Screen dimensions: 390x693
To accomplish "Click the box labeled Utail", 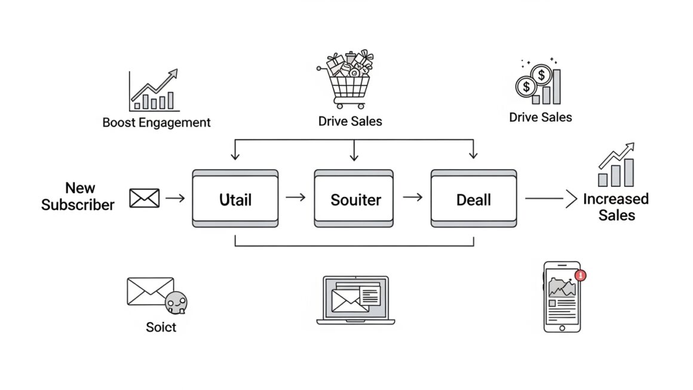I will [235, 199].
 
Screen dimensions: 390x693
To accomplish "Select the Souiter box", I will [354, 199].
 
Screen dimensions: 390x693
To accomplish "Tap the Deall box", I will [473, 199].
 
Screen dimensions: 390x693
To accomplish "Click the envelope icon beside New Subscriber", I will [145, 198].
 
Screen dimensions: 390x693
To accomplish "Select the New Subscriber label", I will [78, 196].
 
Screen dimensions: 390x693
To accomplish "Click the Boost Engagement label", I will [157, 123].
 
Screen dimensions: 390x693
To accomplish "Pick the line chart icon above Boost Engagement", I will [154, 91].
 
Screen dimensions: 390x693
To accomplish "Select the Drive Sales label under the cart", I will [350, 121].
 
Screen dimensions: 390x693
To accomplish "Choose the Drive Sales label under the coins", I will [540, 117].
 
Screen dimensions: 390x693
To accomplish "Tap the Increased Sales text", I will [616, 207].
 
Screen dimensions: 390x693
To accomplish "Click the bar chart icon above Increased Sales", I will [616, 165].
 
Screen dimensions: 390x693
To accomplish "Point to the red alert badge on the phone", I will [580, 275].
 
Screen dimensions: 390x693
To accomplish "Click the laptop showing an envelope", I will [355, 300].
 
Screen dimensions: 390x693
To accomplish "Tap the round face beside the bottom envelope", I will [176, 303].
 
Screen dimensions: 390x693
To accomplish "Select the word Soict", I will [161, 327].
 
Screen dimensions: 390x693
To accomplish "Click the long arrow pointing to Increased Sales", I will [550, 198].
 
